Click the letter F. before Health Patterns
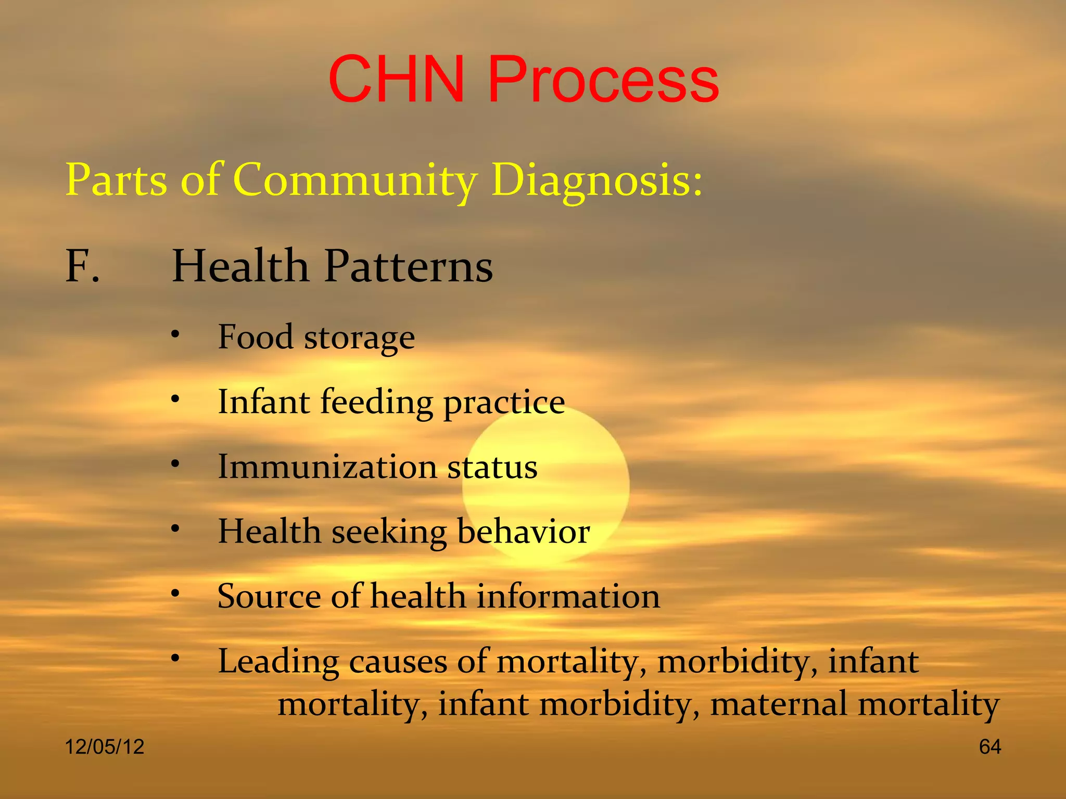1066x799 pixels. pyautogui.click(x=82, y=266)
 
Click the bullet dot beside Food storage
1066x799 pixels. pyautogui.click(x=175, y=334)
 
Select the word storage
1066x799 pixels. pyautogui.click(x=359, y=338)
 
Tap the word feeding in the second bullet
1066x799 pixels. pyautogui.click(x=376, y=403)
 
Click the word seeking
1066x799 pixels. pyautogui.click(x=389, y=533)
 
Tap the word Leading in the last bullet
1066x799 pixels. pyautogui.click(x=278, y=662)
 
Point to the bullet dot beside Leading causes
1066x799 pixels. pyautogui.click(x=175, y=659)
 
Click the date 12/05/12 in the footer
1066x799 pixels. pyautogui.click(x=105, y=747)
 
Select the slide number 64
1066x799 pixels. pyautogui.click(x=989, y=747)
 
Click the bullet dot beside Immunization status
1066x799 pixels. pyautogui.click(x=175, y=463)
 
